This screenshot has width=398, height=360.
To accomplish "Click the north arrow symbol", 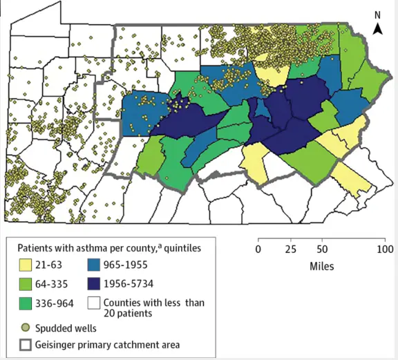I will [x=378, y=28].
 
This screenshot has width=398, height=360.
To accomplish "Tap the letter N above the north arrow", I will [x=377, y=14].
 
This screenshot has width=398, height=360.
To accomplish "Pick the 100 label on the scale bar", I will [x=384, y=249].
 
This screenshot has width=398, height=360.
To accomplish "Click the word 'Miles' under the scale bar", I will [x=321, y=266].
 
